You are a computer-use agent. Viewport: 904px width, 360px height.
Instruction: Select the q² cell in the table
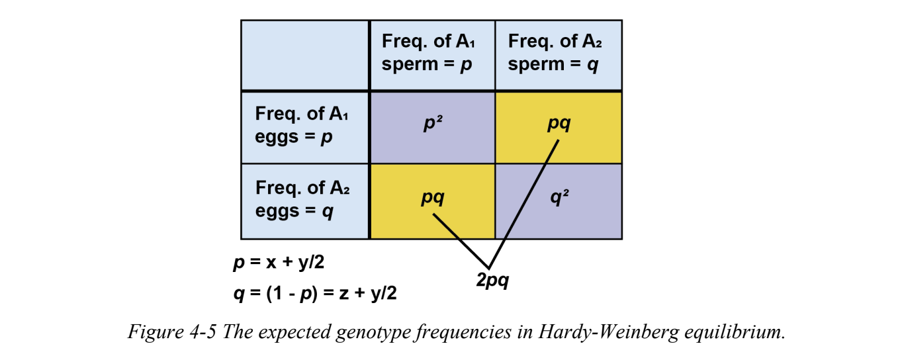559,198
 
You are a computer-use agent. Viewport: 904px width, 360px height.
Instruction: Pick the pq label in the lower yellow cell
432,197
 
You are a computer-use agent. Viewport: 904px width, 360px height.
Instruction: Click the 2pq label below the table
492,281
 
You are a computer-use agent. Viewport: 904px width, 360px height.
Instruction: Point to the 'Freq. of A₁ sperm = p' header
428,53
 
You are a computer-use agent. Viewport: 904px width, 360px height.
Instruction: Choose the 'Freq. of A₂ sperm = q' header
555,53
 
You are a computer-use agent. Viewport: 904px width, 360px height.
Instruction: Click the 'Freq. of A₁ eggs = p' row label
302,126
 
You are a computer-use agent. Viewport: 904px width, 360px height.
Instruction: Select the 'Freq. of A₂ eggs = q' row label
302,199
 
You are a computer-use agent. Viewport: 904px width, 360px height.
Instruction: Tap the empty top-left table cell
304,55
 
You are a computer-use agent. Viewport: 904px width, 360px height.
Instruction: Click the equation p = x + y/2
278,263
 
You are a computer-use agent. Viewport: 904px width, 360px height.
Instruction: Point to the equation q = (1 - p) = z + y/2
315,293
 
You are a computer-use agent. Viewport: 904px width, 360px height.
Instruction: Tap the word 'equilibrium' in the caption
733,332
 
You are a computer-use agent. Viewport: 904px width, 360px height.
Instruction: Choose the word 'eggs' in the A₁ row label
277,138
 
